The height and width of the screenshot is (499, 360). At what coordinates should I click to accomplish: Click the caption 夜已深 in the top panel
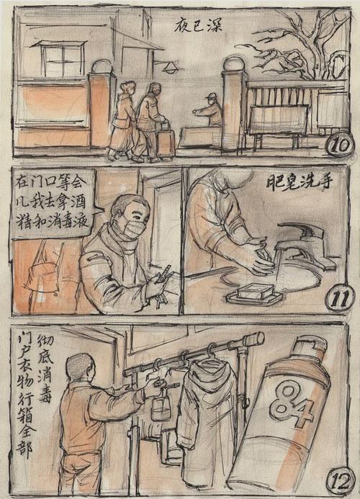coord(198,26)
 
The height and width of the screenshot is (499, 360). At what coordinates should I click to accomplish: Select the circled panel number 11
coord(338,297)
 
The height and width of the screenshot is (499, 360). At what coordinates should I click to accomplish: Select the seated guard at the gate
coord(210,112)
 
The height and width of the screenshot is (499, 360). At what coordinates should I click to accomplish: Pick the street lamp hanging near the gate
coord(171,68)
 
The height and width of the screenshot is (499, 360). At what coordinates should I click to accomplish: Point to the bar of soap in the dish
coord(258,292)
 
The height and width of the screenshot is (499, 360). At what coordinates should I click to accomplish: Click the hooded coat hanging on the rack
coord(206,418)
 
